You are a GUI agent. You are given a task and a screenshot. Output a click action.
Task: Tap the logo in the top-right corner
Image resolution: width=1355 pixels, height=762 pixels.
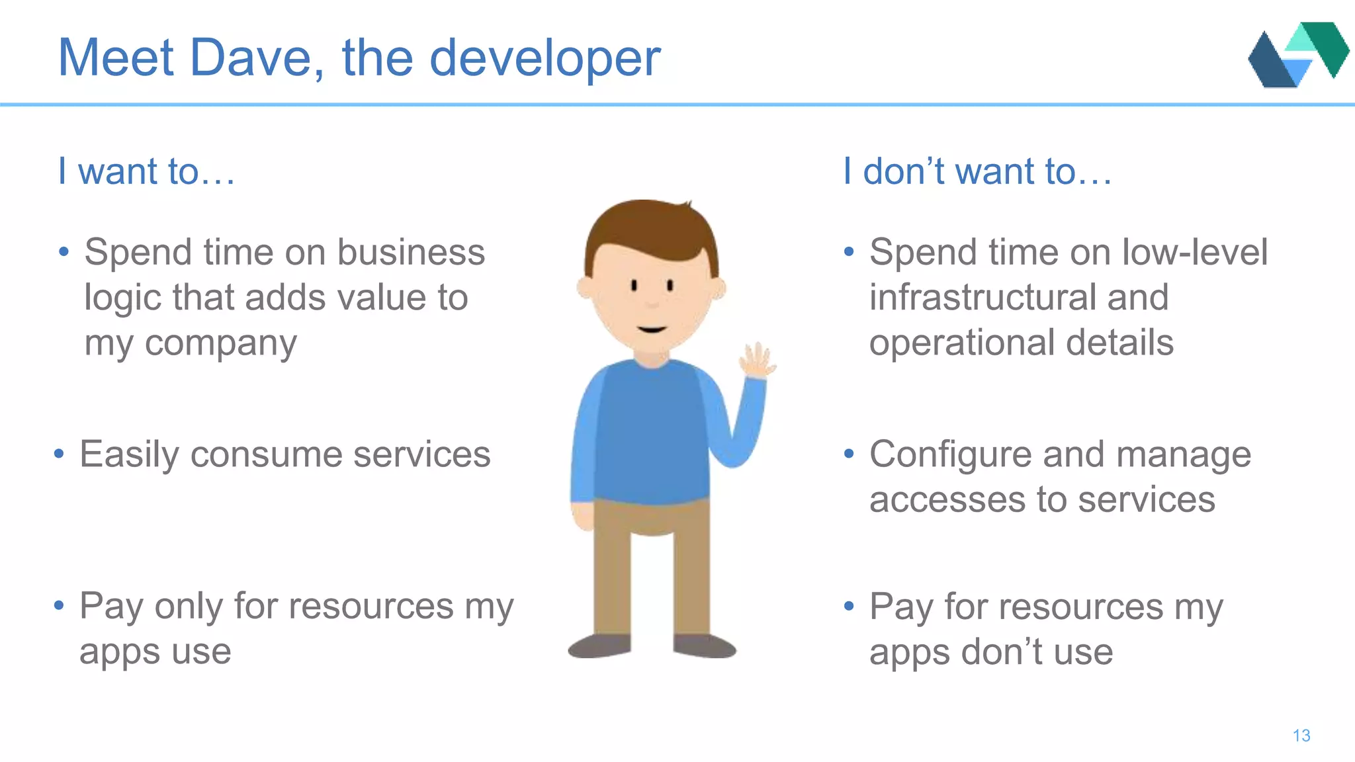click(1297, 55)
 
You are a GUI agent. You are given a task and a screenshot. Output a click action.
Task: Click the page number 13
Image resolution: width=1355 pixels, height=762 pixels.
click(1301, 736)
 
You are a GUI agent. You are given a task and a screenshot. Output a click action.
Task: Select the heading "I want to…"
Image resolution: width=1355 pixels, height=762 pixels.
click(146, 171)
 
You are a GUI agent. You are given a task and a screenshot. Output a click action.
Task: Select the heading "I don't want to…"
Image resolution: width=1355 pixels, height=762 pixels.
click(977, 171)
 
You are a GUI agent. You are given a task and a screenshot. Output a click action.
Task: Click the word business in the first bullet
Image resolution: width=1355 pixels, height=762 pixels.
click(411, 253)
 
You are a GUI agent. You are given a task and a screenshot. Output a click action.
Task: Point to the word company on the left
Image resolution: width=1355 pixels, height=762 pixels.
click(220, 344)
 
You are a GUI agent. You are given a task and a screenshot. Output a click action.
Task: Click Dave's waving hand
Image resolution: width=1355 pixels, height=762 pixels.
click(758, 360)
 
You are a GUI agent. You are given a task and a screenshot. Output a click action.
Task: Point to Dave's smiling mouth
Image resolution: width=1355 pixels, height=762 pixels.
click(652, 329)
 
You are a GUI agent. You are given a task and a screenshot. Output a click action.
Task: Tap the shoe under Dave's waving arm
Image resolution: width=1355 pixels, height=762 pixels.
click(704, 646)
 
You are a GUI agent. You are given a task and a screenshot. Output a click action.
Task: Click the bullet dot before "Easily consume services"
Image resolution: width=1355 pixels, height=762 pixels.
click(59, 454)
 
